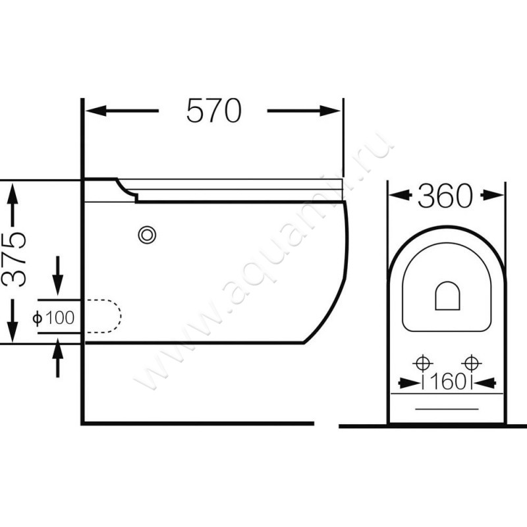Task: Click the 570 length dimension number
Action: coord(213,111)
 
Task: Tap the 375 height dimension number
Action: coord(13,259)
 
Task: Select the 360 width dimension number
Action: coord(445,195)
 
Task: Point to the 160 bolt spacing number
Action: coord(448,382)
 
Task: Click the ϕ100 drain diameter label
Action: coord(53,318)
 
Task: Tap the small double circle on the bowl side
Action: coord(147,235)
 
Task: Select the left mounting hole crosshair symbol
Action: coord(423,364)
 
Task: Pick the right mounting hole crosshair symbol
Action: coord(472,364)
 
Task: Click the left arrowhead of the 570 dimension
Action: coord(96,111)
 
